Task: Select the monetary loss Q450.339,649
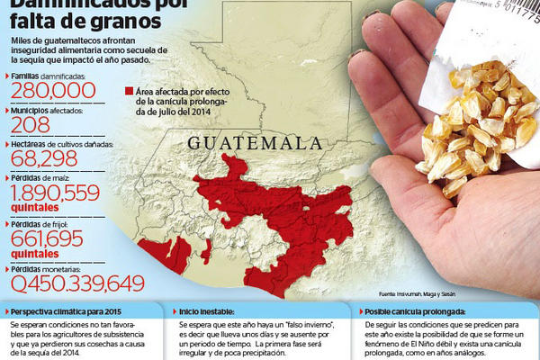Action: [x=76, y=284]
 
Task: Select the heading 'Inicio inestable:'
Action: [x=207, y=310]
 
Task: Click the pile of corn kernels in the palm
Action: [x=477, y=126]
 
